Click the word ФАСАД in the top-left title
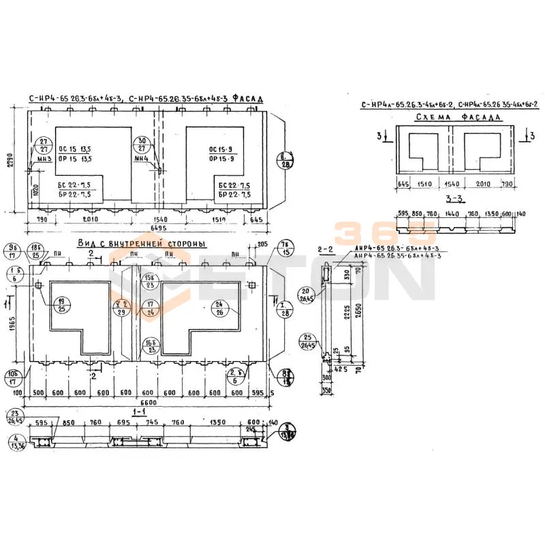pyautogui.click(x=247, y=98)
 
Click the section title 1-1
pyautogui.click(x=140, y=413)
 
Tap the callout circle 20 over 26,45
pyautogui.click(x=307, y=294)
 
